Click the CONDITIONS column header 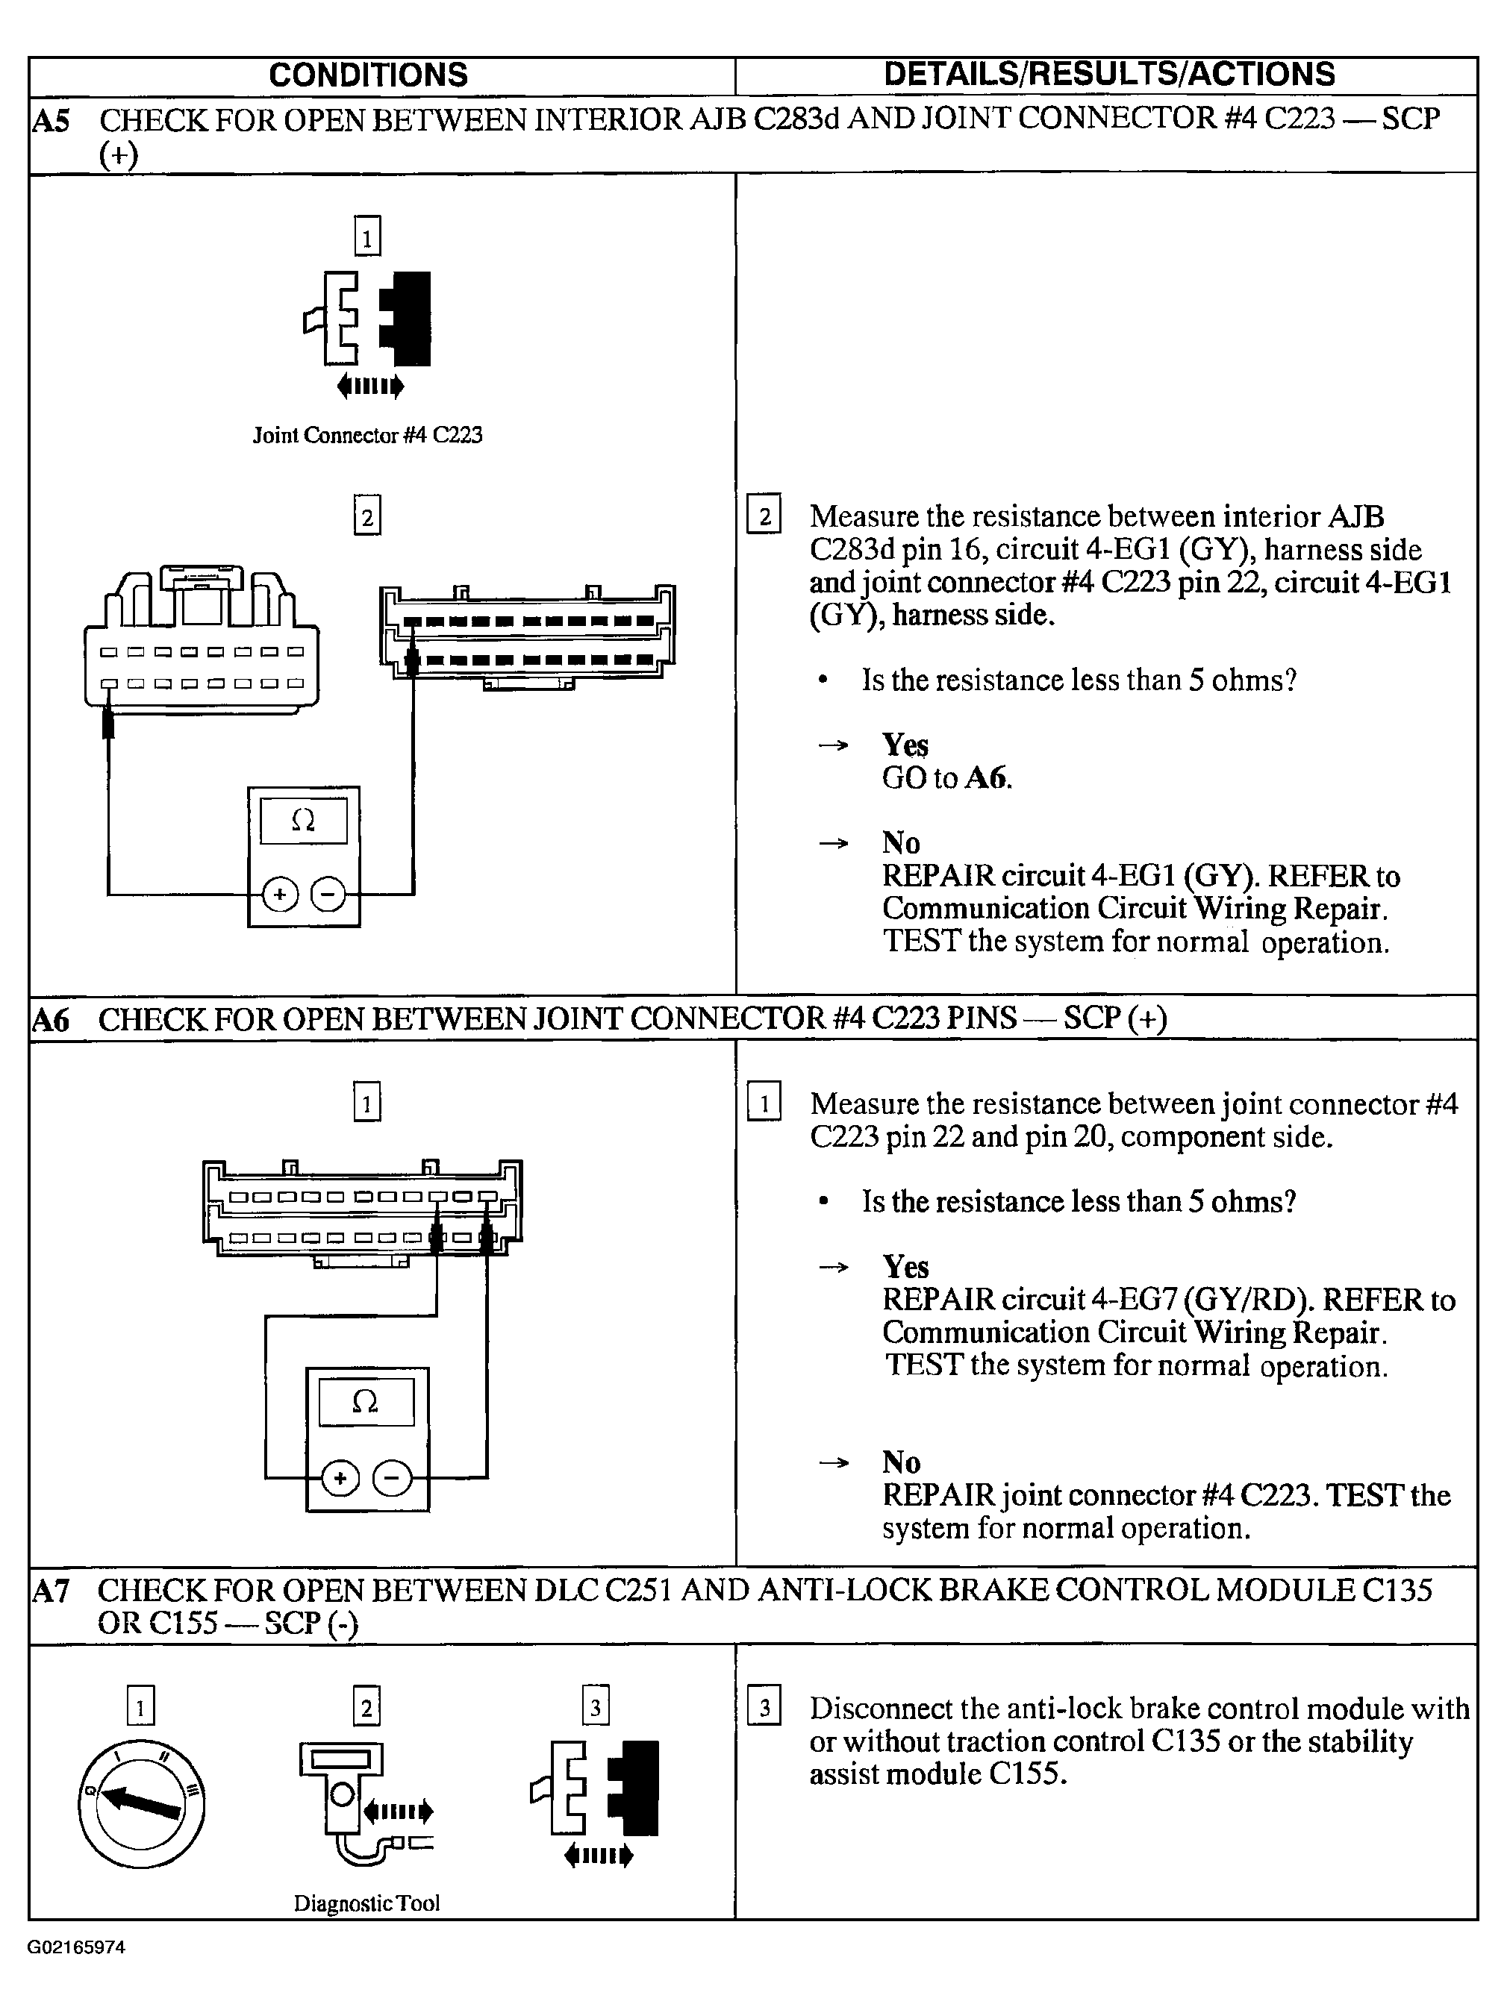click(x=368, y=75)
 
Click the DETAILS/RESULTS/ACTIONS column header click(x=1109, y=75)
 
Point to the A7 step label click(x=51, y=1590)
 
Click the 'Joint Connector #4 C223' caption click(x=367, y=435)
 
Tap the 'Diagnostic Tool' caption click(x=366, y=1903)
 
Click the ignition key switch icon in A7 click(x=141, y=1805)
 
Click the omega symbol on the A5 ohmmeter click(x=304, y=821)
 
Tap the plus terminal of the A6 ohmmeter click(x=340, y=1480)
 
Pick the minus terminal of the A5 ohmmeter click(x=328, y=896)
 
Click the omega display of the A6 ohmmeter click(x=366, y=1402)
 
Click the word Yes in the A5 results click(x=905, y=745)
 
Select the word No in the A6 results click(x=901, y=1462)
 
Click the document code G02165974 click(x=76, y=1947)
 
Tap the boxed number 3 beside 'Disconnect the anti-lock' click(x=764, y=1709)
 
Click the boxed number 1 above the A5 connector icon click(x=367, y=237)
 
